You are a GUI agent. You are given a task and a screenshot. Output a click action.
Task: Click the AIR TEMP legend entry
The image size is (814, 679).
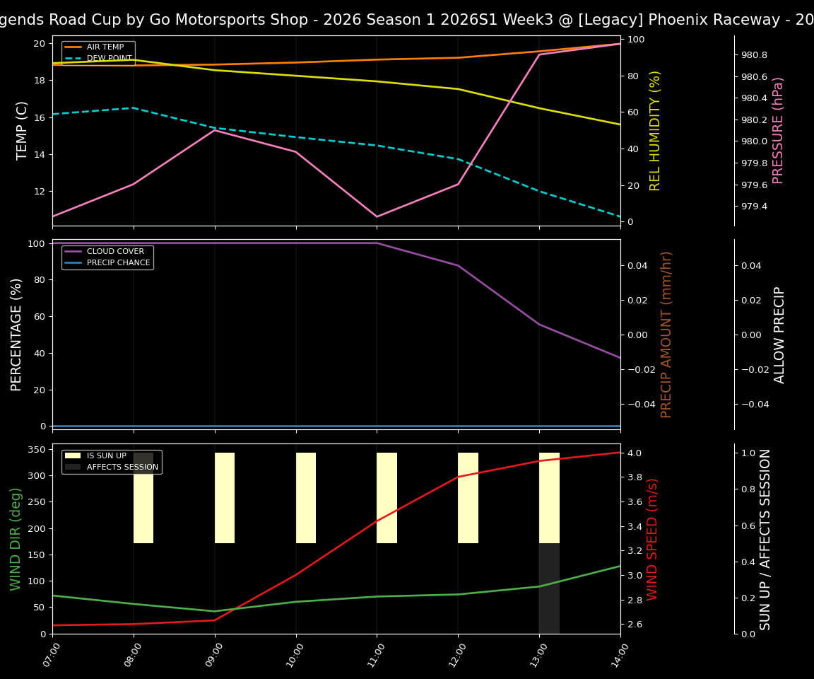tap(105, 47)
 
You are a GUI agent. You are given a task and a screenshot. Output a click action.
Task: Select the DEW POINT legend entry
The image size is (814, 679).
tap(109, 59)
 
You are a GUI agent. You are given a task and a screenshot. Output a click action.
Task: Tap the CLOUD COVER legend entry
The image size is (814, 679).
tap(115, 252)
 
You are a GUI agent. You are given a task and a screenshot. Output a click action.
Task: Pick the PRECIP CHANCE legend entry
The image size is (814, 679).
tap(118, 263)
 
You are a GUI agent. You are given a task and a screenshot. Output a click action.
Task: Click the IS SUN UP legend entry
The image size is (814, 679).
tap(107, 456)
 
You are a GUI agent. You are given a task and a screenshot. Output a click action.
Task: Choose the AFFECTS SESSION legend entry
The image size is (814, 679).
tap(122, 468)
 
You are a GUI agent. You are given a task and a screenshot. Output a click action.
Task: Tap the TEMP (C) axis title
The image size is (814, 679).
tap(22, 130)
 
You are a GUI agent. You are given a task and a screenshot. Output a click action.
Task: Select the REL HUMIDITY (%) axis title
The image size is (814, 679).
tap(655, 130)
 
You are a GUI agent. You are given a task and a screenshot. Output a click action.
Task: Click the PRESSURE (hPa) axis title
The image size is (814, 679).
tap(778, 130)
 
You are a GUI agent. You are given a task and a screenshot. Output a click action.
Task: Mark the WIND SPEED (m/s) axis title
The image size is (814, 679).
tap(652, 539)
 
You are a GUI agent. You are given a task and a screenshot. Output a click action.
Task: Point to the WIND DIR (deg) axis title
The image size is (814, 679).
tap(16, 539)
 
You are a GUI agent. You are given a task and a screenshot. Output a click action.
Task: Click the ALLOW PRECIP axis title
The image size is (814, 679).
tap(779, 335)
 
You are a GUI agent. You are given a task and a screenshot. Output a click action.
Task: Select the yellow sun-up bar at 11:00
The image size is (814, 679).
tap(387, 498)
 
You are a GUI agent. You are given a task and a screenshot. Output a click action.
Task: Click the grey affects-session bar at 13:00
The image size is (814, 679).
tap(549, 588)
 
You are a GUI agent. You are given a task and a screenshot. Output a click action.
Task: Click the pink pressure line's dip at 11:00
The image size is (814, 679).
tap(377, 216)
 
